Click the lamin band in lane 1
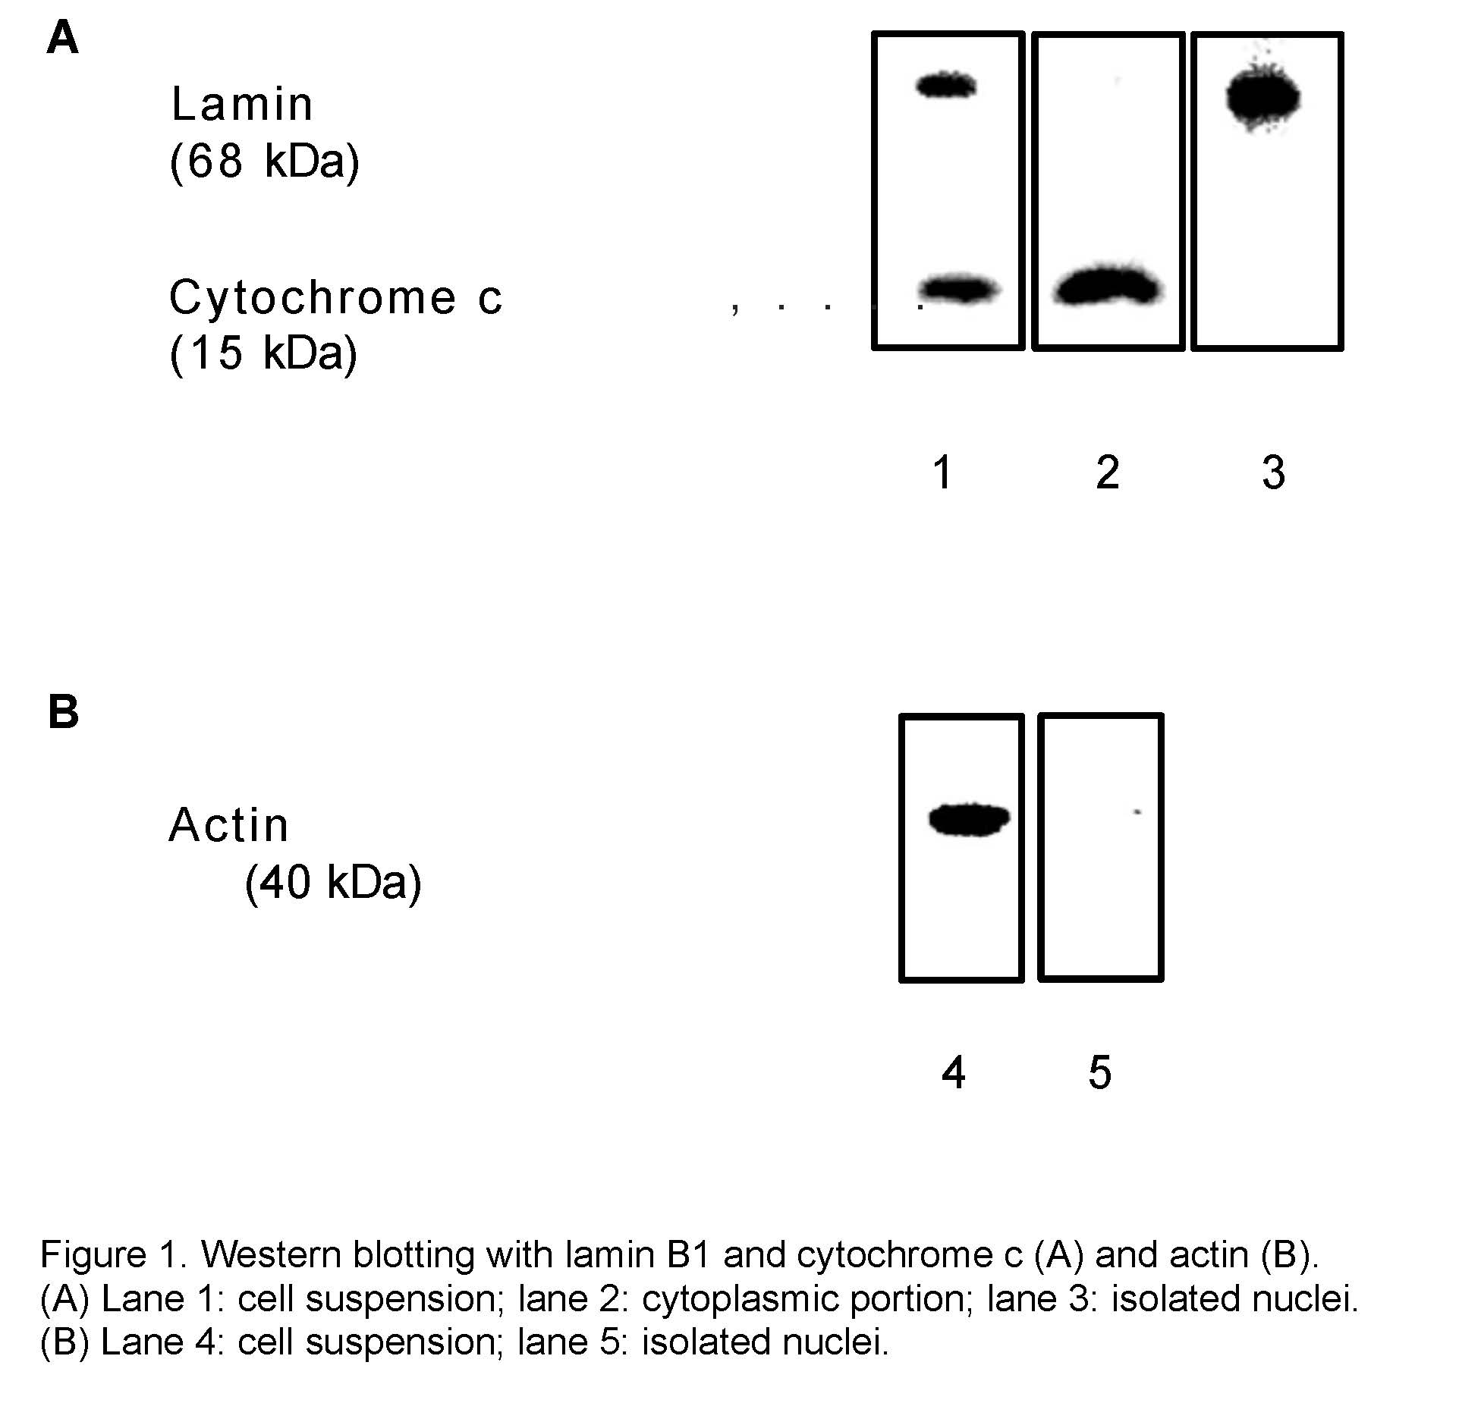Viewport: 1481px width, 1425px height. pyautogui.click(x=946, y=85)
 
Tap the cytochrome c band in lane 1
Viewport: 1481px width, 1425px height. pyautogui.click(x=960, y=290)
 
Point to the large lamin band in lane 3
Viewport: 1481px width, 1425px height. pyautogui.click(x=1263, y=97)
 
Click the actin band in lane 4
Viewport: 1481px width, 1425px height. pyautogui.click(x=970, y=819)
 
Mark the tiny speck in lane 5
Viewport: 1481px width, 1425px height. pyautogui.click(x=1137, y=812)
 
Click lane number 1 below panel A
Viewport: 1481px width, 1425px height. pyautogui.click(x=943, y=472)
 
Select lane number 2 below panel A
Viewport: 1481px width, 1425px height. pyautogui.click(x=1108, y=472)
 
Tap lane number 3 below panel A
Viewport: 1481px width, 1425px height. pyautogui.click(x=1274, y=472)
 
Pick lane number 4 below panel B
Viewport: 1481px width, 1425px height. pyautogui.click(x=954, y=1073)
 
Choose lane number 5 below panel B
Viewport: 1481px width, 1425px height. pyautogui.click(x=1100, y=1073)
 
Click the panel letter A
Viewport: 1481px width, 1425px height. pyautogui.click(x=62, y=37)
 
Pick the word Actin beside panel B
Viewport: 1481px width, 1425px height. pyautogui.click(x=228, y=824)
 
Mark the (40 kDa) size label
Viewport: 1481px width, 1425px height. pyautogui.click(x=333, y=882)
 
